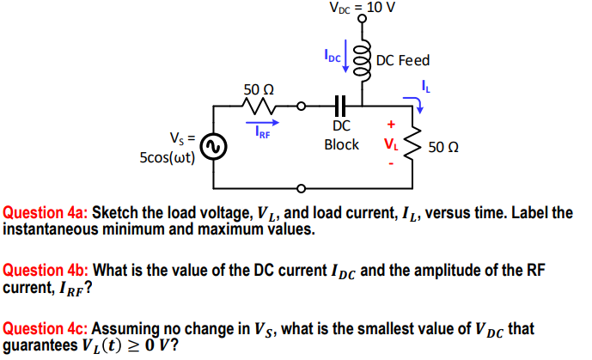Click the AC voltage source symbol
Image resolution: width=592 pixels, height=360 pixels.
click(214, 148)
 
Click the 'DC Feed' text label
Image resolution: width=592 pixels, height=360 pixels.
click(402, 61)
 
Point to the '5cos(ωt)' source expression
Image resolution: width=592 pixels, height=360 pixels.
click(167, 158)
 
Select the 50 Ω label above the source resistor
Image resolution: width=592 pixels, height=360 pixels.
click(259, 88)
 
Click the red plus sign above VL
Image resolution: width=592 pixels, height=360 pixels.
click(391, 124)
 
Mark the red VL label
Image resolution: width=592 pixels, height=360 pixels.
click(391, 143)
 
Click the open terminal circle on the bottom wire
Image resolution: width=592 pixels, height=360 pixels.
click(301, 188)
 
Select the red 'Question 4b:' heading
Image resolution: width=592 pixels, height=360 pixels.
click(46, 271)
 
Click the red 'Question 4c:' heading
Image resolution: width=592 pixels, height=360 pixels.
click(46, 328)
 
